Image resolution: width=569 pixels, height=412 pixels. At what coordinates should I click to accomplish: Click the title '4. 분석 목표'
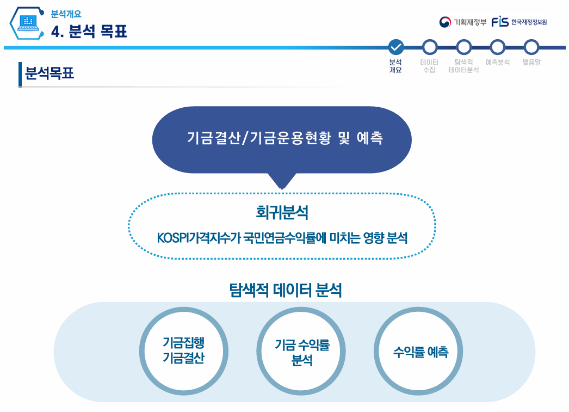click(x=89, y=32)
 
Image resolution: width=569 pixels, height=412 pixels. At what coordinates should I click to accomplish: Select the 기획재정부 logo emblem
click(x=445, y=22)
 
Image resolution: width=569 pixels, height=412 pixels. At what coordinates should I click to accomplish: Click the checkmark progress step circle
click(x=396, y=47)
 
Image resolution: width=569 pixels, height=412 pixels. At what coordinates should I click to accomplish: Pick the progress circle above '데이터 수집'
click(x=430, y=47)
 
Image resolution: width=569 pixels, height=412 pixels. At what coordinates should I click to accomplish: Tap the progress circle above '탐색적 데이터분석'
click(x=463, y=47)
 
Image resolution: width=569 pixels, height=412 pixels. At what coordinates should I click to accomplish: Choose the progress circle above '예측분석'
click(x=497, y=47)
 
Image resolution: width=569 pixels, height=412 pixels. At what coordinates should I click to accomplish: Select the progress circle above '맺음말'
click(x=531, y=47)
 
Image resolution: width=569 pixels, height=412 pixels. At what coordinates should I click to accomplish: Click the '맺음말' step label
click(x=531, y=62)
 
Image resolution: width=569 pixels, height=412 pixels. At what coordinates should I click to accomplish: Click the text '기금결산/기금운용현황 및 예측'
click(x=284, y=138)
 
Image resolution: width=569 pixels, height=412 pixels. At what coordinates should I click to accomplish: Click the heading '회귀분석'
click(x=282, y=212)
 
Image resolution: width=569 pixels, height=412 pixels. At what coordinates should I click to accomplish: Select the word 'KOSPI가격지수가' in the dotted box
click(x=191, y=238)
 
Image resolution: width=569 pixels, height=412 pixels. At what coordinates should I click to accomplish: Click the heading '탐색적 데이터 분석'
click(x=286, y=290)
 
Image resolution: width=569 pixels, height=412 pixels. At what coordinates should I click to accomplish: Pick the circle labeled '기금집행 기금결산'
click(x=184, y=351)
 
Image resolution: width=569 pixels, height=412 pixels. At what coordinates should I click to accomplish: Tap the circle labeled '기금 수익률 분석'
click(x=302, y=352)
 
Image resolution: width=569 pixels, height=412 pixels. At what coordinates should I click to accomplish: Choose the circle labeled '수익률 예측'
click(x=420, y=352)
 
